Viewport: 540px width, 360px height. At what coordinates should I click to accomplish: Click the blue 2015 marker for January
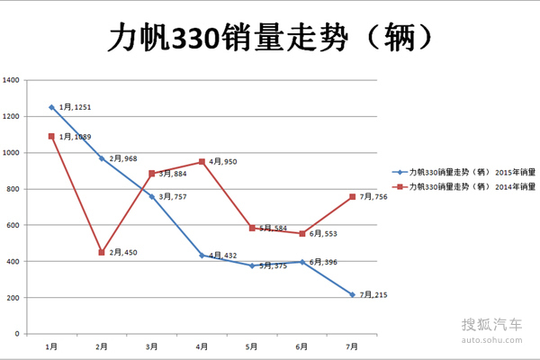51,107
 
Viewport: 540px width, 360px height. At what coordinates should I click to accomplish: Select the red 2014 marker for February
102,252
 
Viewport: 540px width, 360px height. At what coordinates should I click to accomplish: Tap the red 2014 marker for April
202,162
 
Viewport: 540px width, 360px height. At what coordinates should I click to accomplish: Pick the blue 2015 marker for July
353,294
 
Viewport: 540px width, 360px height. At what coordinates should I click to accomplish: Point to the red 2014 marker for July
353,197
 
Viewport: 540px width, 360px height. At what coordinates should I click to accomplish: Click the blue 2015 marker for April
202,256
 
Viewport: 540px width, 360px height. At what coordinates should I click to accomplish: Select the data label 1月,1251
76,107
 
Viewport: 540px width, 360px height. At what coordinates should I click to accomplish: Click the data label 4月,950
223,162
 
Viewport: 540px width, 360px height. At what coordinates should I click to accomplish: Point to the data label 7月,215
374,294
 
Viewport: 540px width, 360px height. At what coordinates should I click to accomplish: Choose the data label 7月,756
374,197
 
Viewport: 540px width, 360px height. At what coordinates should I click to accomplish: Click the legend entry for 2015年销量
468,171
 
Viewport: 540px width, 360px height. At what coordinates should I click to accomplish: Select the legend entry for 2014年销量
468,186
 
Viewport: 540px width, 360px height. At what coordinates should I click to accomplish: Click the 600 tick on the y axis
13,225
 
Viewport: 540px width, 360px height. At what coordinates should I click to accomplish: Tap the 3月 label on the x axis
152,345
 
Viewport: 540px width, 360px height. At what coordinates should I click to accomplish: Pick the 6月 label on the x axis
302,345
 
